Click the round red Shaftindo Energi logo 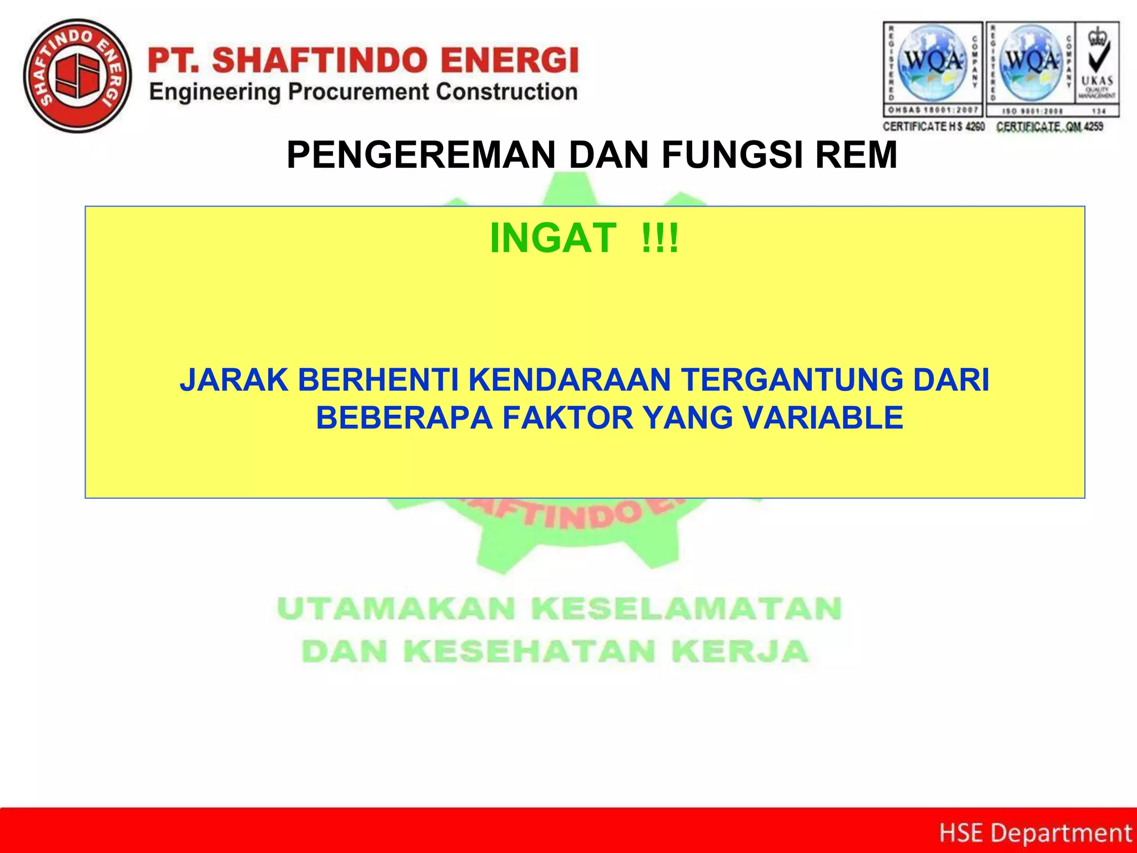pos(77,76)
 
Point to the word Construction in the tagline pos(506,92)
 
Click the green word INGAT pos(552,238)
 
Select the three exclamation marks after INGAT pos(660,238)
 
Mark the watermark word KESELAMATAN pos(687,609)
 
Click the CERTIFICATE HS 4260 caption pos(933,127)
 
